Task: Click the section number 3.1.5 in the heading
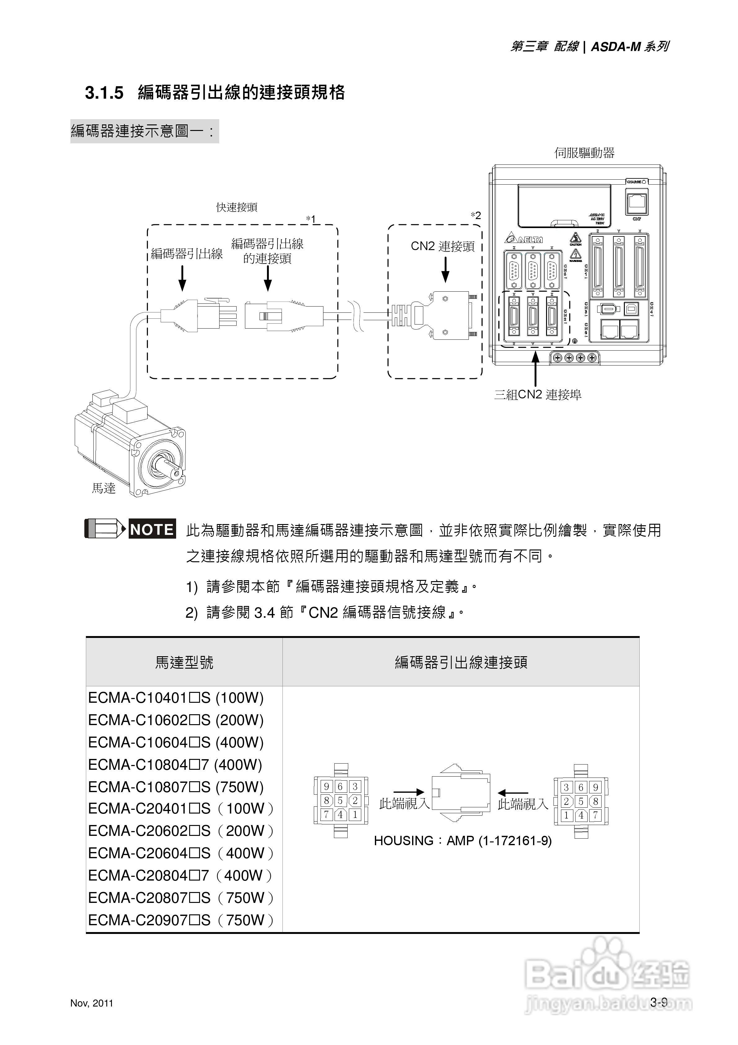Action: (x=104, y=93)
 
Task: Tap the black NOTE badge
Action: (x=152, y=529)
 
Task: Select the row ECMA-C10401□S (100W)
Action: (x=176, y=698)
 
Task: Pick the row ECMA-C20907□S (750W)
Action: (x=181, y=920)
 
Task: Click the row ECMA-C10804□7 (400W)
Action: (x=175, y=765)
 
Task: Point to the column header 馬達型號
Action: (x=184, y=662)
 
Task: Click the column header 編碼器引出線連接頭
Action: (x=461, y=662)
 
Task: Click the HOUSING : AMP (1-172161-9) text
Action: (x=463, y=841)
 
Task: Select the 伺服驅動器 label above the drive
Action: (x=584, y=153)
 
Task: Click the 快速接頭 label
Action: (x=237, y=208)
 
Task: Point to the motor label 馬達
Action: (x=104, y=488)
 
